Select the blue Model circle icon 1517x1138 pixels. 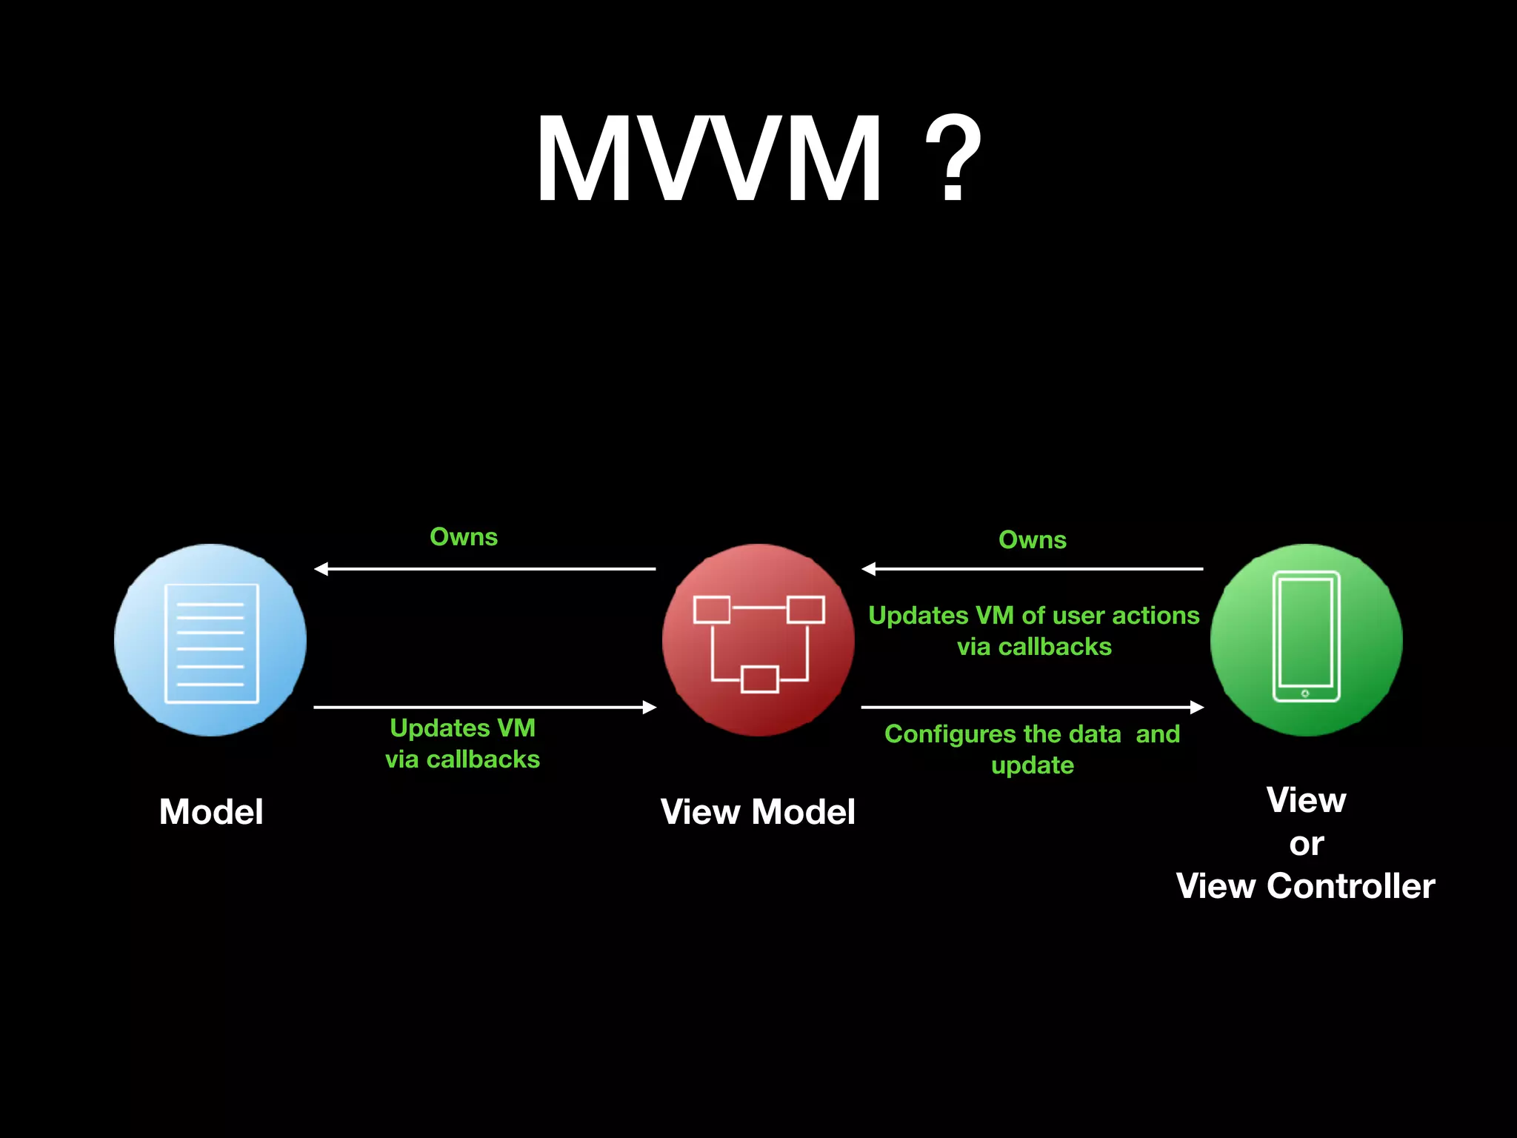[210, 640]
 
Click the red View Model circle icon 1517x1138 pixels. [758, 640]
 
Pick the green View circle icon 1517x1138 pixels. [1306, 640]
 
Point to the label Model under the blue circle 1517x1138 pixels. [211, 812]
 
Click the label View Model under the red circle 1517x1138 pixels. [758, 812]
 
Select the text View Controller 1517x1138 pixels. [1305, 886]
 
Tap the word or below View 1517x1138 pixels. [1306, 844]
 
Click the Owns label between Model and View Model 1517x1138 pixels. [464, 537]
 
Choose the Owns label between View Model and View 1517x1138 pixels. [1033, 540]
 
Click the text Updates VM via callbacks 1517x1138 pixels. [463, 743]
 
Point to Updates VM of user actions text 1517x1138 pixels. [1034, 630]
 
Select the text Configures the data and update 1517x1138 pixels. [1033, 749]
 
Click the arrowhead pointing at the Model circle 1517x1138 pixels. [321, 569]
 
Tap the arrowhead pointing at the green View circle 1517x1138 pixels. [1196, 708]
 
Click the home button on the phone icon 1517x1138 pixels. [1305, 693]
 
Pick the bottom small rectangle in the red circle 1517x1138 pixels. [759, 679]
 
